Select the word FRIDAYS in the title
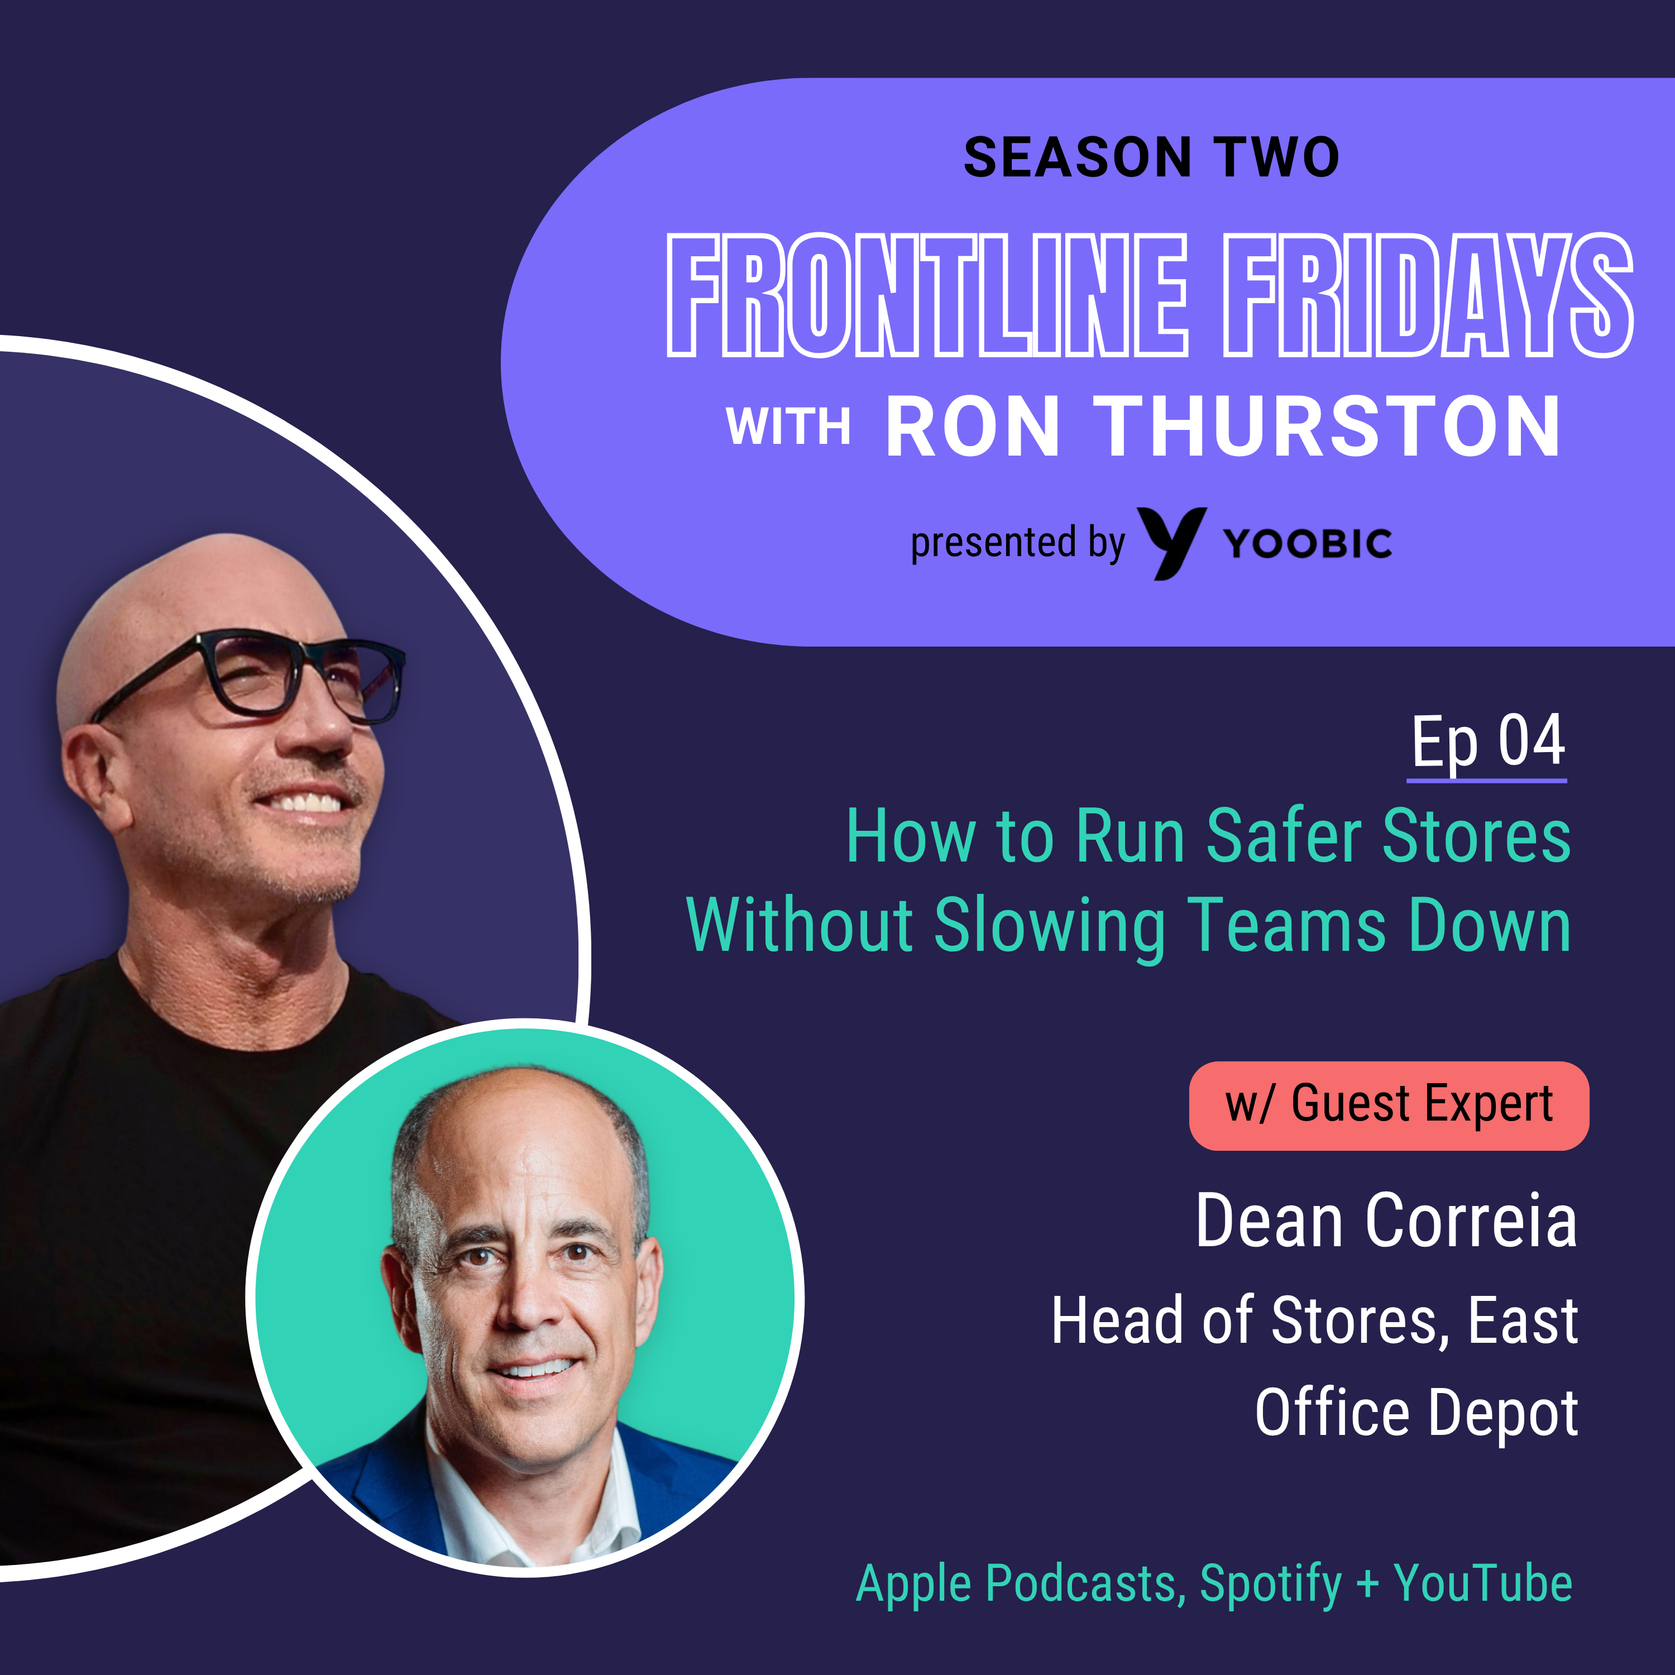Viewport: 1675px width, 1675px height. [1428, 295]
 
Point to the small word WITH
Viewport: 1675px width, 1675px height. [788, 427]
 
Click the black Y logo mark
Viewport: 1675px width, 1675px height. [1171, 543]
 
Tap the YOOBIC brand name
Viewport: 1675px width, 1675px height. [1308, 544]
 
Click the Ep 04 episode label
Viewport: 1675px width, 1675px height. [1488, 742]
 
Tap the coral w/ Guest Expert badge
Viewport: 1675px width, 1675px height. [1389, 1105]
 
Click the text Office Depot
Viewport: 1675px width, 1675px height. [1416, 1413]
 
